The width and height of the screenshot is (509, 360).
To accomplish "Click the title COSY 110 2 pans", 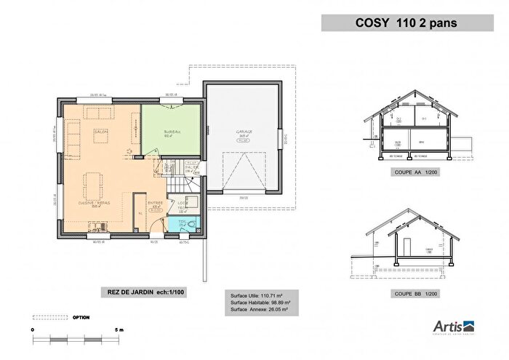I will tap(406, 23).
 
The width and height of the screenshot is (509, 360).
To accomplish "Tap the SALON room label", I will tap(100, 131).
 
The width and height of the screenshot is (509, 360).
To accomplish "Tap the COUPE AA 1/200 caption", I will tap(413, 172).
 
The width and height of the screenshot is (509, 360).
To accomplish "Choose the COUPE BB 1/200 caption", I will tap(413, 294).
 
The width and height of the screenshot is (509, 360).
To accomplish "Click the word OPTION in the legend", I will tap(81, 318).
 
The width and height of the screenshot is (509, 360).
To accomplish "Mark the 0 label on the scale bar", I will tap(33, 329).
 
